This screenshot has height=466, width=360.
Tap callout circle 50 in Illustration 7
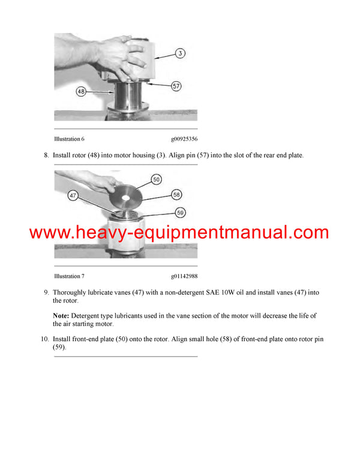pyautogui.click(x=156, y=180)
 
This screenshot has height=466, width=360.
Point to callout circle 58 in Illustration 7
pyautogui.click(x=176, y=195)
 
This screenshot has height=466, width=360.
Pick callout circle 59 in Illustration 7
pyautogui.click(x=180, y=211)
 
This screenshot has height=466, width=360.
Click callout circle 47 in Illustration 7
pyautogui.click(x=73, y=196)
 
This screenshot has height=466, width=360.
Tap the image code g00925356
pyautogui.click(x=184, y=139)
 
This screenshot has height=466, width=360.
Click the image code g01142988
pyautogui.click(x=184, y=276)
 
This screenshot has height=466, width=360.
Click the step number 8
pyautogui.click(x=46, y=156)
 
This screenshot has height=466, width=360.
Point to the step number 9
pyautogui.click(x=46, y=292)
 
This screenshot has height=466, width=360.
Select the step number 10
pyautogui.click(x=45, y=339)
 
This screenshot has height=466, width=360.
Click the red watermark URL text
pyautogui.click(x=179, y=233)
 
